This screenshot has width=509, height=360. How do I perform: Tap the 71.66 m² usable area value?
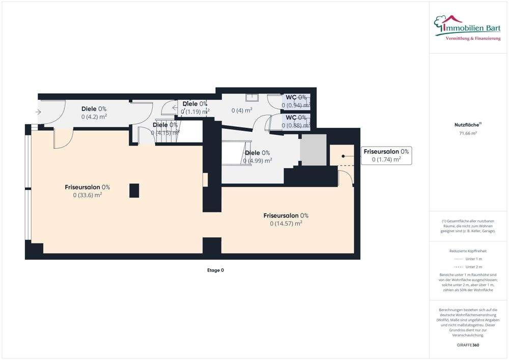click(468, 133)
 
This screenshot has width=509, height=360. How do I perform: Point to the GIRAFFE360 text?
click(468, 345)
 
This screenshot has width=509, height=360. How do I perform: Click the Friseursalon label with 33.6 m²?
click(88, 190)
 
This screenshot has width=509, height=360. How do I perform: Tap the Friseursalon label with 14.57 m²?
click(286, 219)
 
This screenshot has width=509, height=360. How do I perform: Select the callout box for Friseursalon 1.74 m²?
click(386, 155)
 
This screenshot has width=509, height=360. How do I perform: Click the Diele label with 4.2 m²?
click(94, 113)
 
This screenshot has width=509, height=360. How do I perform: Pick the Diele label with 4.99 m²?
click(258, 156)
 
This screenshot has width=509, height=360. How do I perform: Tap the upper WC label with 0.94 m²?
click(296, 101)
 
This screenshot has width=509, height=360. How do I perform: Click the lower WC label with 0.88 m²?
click(296, 121)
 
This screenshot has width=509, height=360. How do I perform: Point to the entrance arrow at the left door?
click(38, 113)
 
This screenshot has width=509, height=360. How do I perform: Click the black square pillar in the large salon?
click(134, 190)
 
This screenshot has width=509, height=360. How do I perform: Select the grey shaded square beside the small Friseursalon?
click(312, 150)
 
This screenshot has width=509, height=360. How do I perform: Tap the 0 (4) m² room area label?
click(242, 110)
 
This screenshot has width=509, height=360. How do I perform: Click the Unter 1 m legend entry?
click(468, 259)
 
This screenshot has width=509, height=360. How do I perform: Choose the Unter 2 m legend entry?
click(468, 267)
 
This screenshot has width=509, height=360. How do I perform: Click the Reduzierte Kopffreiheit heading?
click(468, 251)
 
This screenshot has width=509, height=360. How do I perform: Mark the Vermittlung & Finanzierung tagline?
click(473, 39)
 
